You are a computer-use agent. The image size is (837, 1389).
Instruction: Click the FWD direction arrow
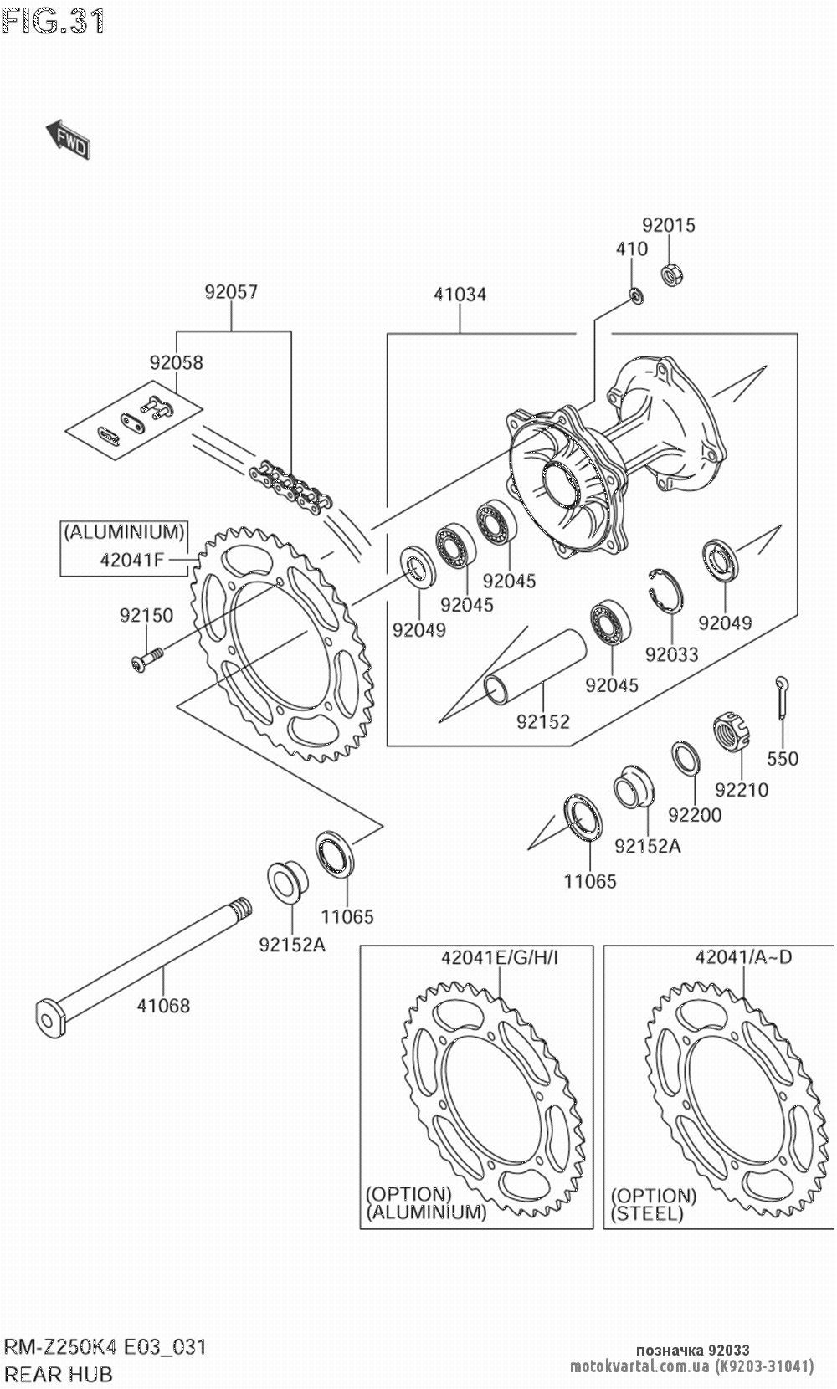coord(67,139)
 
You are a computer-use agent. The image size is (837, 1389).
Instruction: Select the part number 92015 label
coord(668,225)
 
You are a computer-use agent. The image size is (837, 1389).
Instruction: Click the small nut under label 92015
coord(671,274)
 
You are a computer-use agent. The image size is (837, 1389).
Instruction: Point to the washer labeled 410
coord(636,295)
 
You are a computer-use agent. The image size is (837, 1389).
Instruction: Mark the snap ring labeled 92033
coord(667,597)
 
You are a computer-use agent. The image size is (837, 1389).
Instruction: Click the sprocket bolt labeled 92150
coord(147,660)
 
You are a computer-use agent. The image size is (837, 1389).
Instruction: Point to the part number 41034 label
coord(460,295)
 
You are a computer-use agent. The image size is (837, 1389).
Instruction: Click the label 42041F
coord(131,561)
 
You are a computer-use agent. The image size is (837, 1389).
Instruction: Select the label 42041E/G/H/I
coord(500,957)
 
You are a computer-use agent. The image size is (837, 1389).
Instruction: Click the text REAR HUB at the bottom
coord(59,1374)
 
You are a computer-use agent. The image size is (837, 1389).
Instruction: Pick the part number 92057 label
coord(231,292)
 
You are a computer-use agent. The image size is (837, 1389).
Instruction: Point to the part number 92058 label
coord(177,362)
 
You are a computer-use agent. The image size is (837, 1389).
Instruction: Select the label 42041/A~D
coord(742,957)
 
